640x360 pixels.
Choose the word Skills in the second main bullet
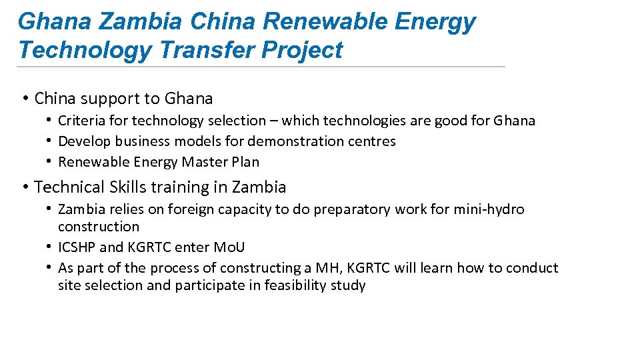117,187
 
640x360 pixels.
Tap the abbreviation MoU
229,247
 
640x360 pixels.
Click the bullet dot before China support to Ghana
24,99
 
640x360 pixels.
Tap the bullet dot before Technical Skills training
24,187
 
